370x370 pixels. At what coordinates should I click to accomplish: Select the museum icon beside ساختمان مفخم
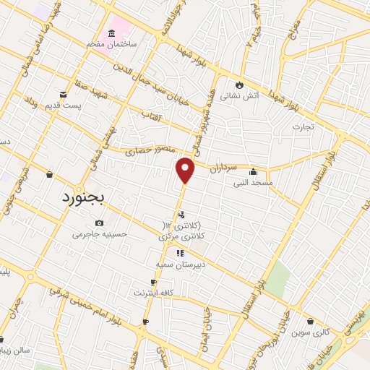pos(111,34)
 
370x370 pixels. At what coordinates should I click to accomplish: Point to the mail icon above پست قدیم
pos(64,95)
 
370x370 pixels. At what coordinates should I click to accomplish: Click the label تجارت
pos(304,127)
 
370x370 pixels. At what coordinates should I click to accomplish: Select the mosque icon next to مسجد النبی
pos(253,172)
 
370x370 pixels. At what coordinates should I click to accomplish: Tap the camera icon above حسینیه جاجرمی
pos(98,223)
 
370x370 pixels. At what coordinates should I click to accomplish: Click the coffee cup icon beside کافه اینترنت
pos(154,283)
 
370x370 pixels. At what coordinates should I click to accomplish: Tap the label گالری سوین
pos(309,332)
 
